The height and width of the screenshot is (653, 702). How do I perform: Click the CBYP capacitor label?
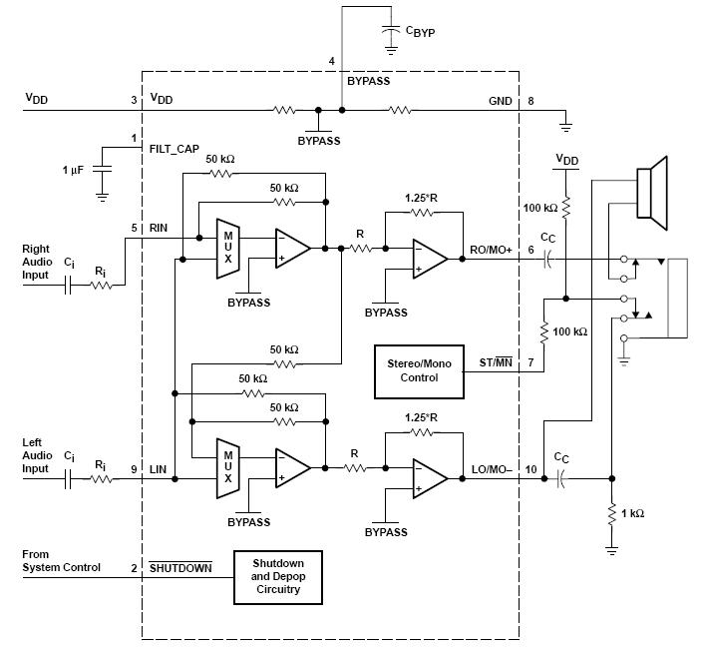click(x=420, y=31)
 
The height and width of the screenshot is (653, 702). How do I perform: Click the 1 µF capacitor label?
click(x=74, y=171)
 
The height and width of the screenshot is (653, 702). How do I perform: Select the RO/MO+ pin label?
click(x=489, y=250)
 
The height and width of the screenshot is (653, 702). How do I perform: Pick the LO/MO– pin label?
click(x=490, y=469)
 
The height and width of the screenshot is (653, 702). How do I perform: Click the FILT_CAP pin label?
click(x=175, y=148)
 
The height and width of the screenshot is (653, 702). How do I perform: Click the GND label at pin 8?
click(x=500, y=101)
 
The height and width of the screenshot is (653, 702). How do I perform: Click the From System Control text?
click(x=61, y=561)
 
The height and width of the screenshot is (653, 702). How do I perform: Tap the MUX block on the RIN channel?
click(x=228, y=250)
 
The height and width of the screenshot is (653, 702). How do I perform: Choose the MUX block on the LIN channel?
click(x=228, y=467)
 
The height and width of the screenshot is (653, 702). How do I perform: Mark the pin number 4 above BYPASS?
click(x=331, y=62)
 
